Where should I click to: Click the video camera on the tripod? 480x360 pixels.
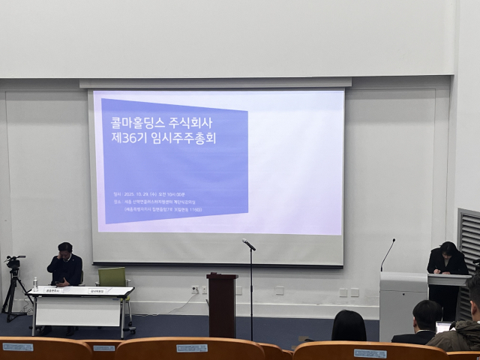(x=13, y=262)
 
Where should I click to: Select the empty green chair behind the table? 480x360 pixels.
(x=112, y=277)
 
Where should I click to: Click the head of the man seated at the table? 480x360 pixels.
(x=65, y=250)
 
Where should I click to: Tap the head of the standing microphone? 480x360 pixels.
(x=247, y=244)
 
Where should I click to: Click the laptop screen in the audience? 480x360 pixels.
(x=444, y=328)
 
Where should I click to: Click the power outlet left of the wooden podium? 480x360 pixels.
(x=194, y=289)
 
